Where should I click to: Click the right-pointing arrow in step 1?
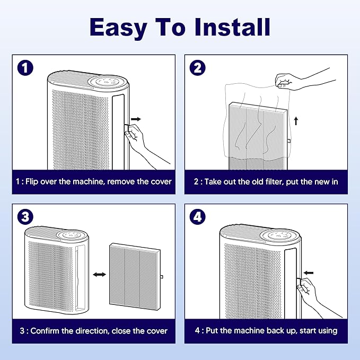click(136, 119)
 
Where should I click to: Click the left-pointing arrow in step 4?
click(309, 273)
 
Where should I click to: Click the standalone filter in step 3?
click(133, 275)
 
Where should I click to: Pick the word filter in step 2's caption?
click(275, 181)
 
